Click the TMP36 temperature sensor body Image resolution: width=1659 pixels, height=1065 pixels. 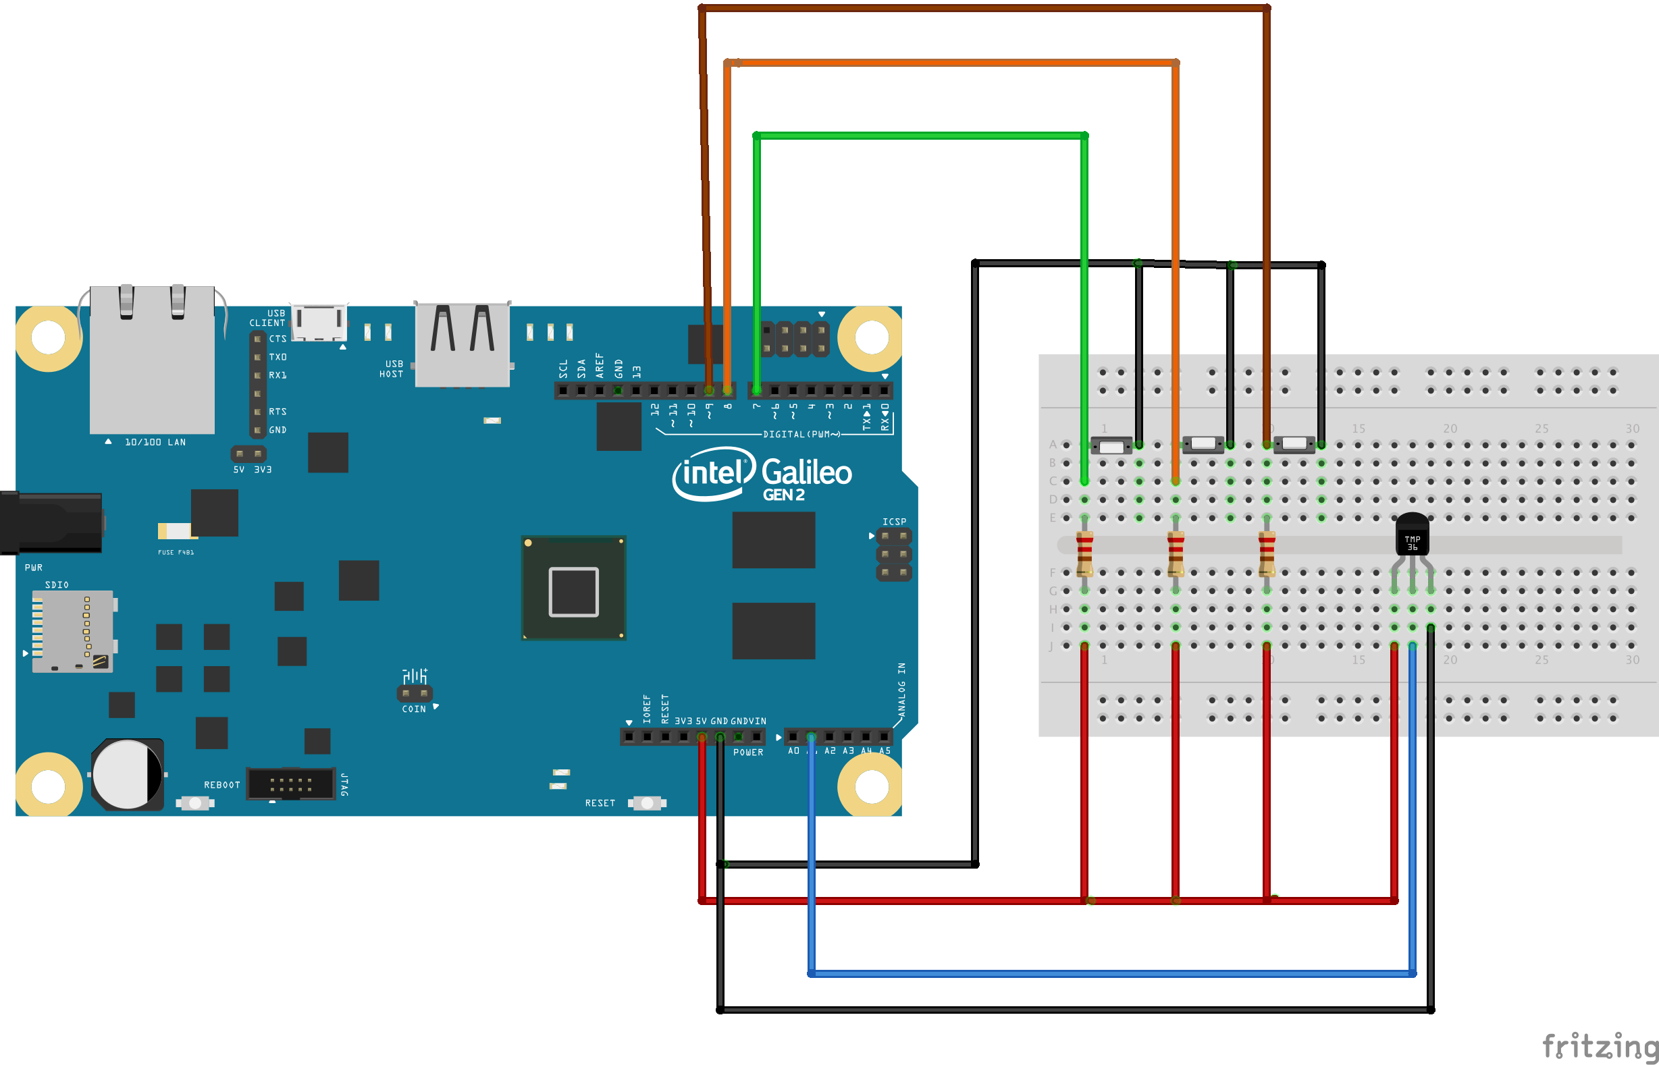click(x=1412, y=535)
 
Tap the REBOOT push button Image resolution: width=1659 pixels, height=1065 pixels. click(x=195, y=803)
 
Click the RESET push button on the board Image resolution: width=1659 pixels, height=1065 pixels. click(x=647, y=803)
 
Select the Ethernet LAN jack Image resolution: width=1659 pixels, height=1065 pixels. click(x=151, y=360)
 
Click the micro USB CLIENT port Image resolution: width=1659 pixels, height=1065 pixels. click(x=319, y=322)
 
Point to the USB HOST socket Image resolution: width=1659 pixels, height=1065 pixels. click(x=462, y=344)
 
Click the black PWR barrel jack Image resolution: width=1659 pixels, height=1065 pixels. click(x=52, y=522)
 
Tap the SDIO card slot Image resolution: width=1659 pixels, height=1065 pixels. click(x=73, y=631)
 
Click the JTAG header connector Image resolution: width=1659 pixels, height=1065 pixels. click(x=290, y=784)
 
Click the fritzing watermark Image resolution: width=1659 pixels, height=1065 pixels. click(x=1599, y=1046)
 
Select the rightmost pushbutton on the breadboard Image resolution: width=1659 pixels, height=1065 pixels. click(x=1294, y=443)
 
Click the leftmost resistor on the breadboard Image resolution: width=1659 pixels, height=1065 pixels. click(x=1084, y=553)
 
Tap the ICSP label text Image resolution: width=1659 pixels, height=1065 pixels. click(x=894, y=522)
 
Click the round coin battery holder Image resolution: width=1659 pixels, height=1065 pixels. click(x=128, y=775)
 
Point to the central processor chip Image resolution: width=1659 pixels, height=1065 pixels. click(x=573, y=589)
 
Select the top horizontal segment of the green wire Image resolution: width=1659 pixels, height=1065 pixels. click(x=920, y=136)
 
